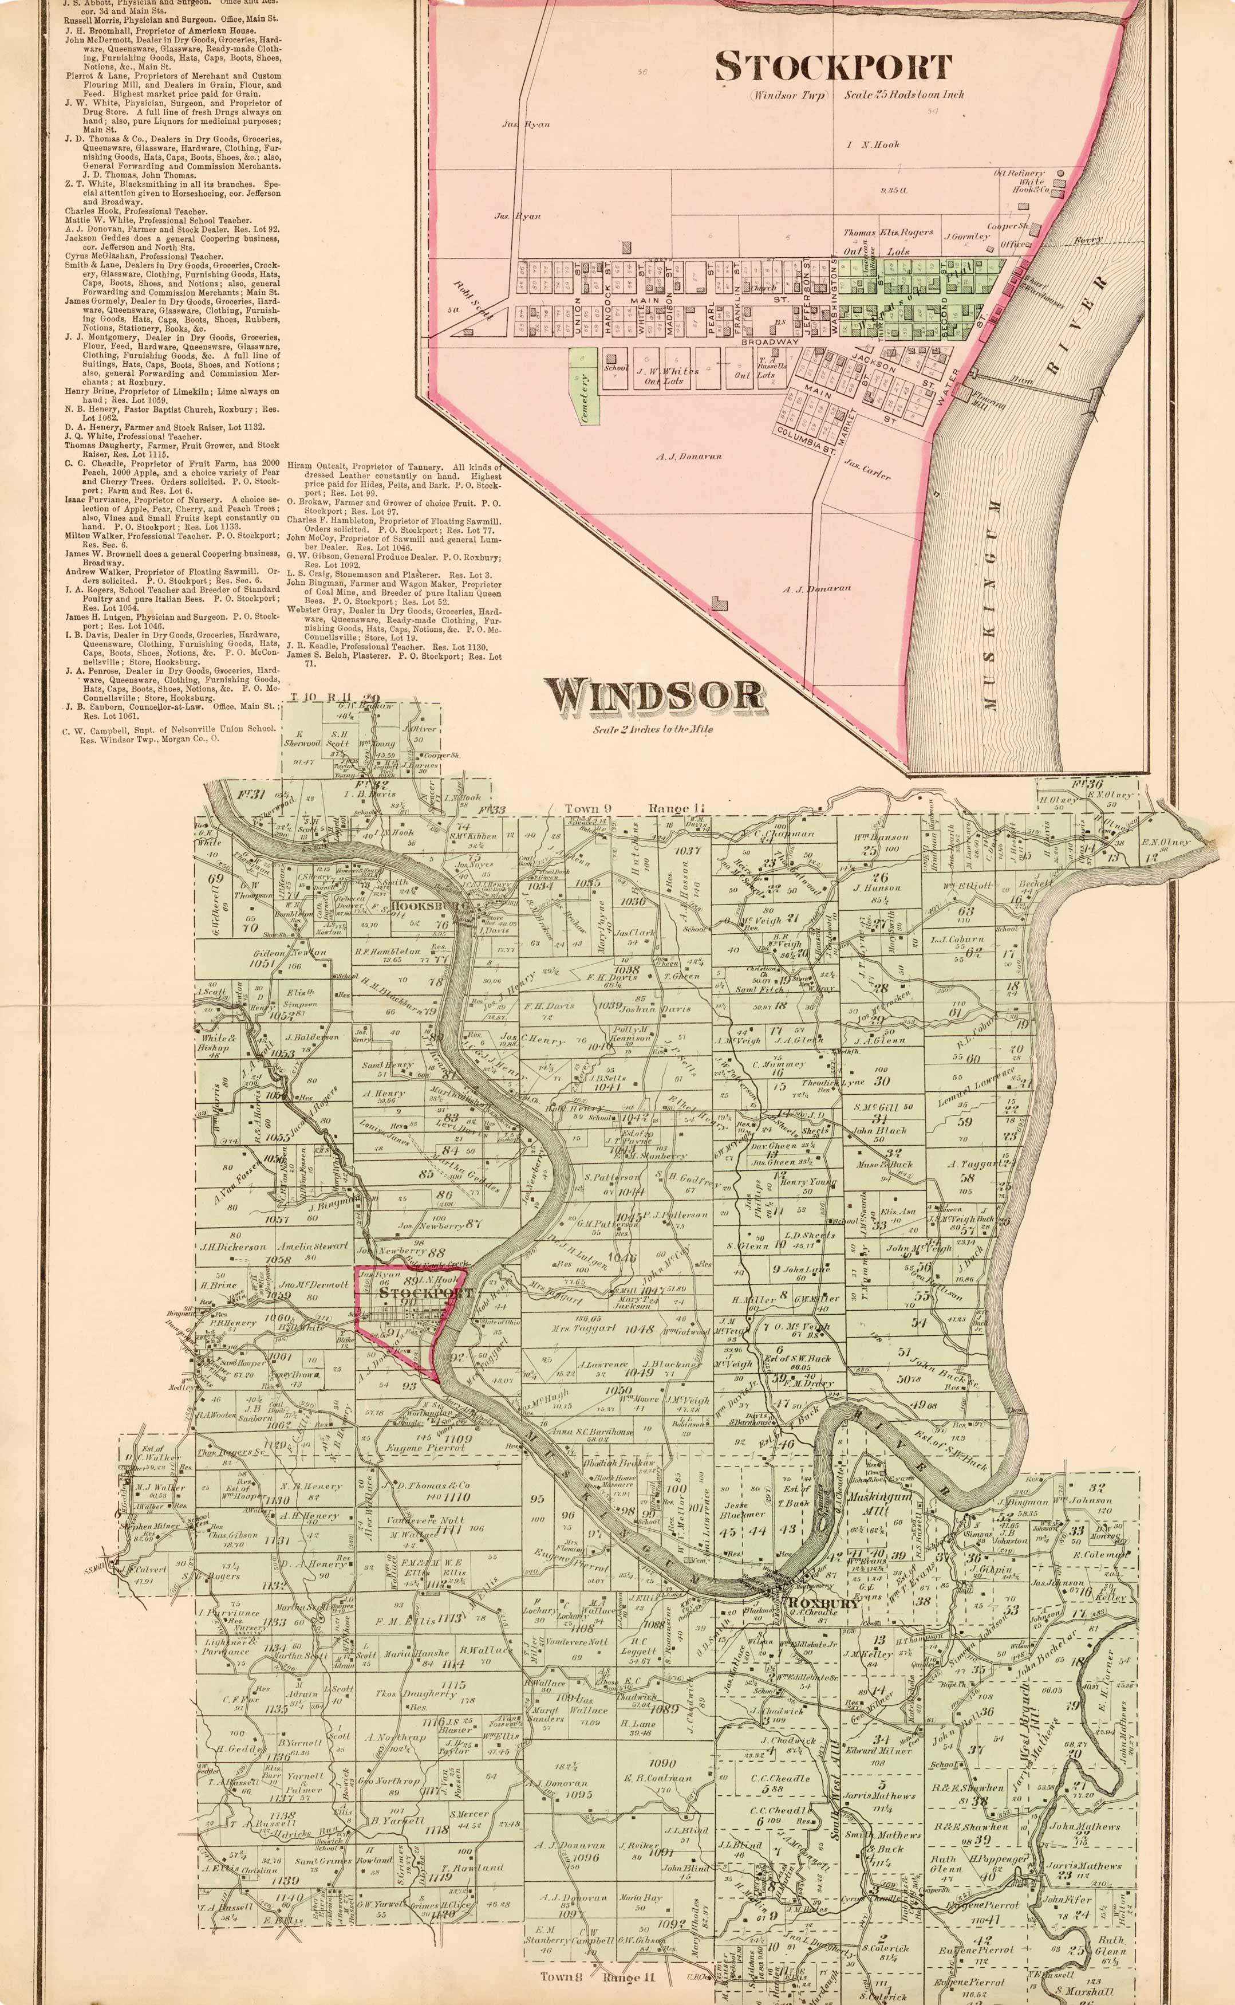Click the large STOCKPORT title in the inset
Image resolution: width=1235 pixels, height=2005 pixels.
833,67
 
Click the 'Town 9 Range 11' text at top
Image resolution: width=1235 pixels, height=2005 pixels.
623,809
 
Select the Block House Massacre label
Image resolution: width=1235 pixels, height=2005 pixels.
615,1480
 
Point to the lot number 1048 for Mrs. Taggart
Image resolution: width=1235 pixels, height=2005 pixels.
640,1328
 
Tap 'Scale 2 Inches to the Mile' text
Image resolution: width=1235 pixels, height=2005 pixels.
653,729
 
